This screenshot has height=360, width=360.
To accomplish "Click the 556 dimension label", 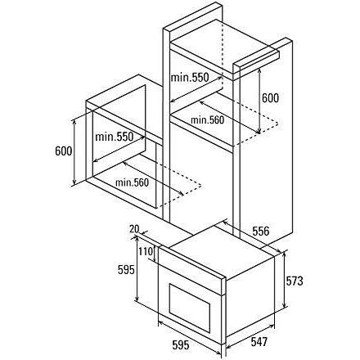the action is pos(261,232).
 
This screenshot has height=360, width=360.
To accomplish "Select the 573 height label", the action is pos(295,281).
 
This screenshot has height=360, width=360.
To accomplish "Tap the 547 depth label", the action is pos(259,342).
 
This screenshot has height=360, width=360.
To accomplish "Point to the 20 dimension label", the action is pos(134,229).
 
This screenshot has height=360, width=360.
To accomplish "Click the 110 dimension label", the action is pos(146,251).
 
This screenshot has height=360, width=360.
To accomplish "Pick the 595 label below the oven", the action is pos(181,345).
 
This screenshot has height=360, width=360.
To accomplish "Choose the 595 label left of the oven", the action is pos(126,270).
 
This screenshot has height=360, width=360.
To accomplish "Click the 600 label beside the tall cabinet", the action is pos(270,98).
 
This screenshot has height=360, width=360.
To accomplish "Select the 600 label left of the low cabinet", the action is pos(64,151).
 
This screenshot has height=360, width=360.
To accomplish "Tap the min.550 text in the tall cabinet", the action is pos(190,78).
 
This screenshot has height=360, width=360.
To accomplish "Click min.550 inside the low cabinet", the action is pos(115,137).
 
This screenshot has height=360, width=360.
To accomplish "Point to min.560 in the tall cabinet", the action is pos(207,120).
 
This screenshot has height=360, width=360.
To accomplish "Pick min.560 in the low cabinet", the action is pos(132,182).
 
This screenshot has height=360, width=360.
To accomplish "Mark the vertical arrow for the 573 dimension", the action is pos(285,279).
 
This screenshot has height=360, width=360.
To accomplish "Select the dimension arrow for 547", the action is pos(250,336).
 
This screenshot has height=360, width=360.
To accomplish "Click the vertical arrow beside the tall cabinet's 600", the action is pos(259,101).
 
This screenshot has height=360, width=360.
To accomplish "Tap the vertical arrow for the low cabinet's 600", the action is pos(74,152).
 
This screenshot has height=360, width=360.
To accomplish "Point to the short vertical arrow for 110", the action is pos(155,254).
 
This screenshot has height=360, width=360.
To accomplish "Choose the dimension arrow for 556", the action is pos(253,236).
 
